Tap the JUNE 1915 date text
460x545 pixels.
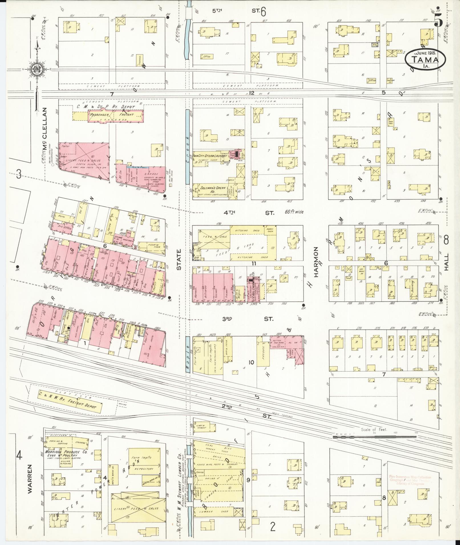pyautogui.click(x=425, y=53)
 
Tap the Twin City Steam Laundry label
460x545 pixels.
pyautogui.click(x=210, y=156)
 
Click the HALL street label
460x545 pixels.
pyautogui.click(x=446, y=262)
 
